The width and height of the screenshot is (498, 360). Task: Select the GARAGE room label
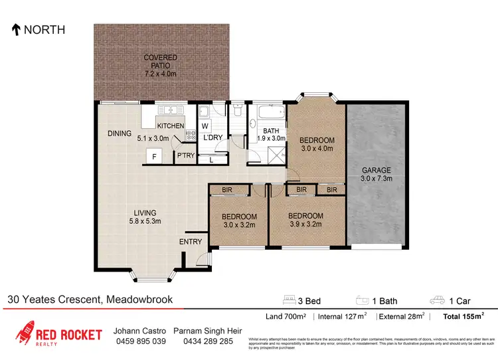tap(376, 170)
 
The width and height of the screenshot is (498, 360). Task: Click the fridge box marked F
tap(154, 157)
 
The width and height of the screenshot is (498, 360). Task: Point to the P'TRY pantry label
tap(184, 157)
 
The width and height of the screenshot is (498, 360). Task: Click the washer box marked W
tap(205, 126)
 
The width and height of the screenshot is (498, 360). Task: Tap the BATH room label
tap(270, 131)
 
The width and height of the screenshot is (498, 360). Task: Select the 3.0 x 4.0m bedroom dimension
tap(316, 149)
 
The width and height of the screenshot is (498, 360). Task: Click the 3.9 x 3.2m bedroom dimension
tap(305, 225)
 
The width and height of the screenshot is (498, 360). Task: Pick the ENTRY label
tap(191, 242)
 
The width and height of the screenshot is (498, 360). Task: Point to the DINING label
tap(120, 134)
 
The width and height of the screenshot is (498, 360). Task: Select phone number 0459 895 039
tap(140, 341)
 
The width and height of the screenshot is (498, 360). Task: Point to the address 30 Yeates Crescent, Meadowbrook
tap(90, 300)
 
